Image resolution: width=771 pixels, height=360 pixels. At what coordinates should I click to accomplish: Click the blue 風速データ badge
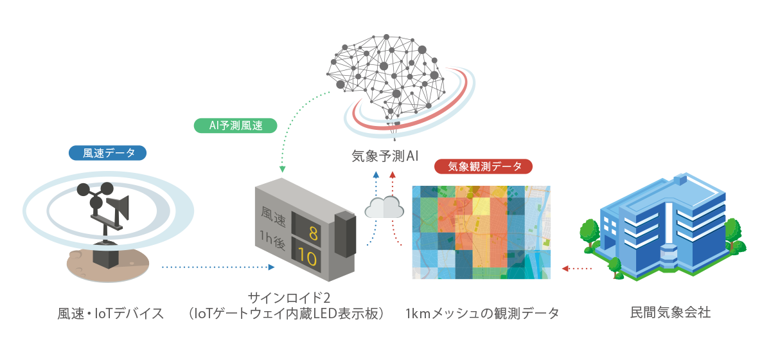click(x=108, y=153)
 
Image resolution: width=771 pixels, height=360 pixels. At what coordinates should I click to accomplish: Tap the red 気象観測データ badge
click(x=484, y=166)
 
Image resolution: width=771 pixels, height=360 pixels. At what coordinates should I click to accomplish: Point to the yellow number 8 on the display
click(x=314, y=232)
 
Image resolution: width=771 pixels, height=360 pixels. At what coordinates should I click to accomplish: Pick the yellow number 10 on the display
click(x=308, y=259)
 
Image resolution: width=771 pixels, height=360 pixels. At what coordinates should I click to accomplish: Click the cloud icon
click(x=384, y=207)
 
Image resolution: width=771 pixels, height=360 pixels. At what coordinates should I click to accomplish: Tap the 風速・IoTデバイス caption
click(x=111, y=314)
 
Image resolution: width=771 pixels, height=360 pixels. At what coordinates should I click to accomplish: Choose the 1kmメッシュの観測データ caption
click(x=483, y=314)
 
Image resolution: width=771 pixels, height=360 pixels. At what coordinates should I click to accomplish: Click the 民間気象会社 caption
click(x=671, y=314)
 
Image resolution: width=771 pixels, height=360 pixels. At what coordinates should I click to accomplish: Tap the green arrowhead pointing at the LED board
click(x=282, y=170)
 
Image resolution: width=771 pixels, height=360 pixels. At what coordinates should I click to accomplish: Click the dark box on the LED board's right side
click(x=346, y=234)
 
